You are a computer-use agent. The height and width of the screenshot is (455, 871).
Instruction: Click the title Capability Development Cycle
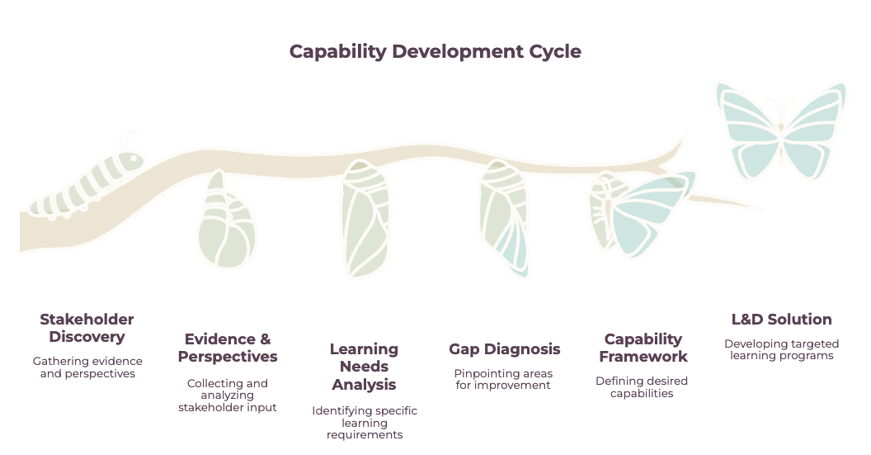(x=435, y=51)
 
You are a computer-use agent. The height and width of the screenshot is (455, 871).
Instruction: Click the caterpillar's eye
(x=134, y=158)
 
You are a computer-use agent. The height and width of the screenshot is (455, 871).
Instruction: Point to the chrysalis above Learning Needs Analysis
(x=365, y=218)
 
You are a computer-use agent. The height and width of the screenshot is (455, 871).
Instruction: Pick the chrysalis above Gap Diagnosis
(x=503, y=218)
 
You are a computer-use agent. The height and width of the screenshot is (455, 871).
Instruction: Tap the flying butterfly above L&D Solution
(x=781, y=130)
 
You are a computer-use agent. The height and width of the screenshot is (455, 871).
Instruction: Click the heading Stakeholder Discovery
(x=87, y=328)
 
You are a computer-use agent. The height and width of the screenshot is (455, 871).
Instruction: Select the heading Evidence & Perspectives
(x=228, y=348)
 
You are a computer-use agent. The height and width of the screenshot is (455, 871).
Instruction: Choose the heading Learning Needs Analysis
(x=364, y=367)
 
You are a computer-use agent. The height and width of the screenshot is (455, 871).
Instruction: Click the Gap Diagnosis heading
(x=505, y=349)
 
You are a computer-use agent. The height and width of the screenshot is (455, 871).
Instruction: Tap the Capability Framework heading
(x=643, y=348)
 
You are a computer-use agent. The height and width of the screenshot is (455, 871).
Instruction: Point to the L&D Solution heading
(x=782, y=320)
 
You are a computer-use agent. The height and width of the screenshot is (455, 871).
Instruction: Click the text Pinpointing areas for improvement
(x=503, y=379)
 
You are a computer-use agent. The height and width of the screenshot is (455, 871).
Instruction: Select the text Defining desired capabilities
(x=642, y=387)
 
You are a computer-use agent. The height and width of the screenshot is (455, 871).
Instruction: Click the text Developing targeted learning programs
(x=782, y=350)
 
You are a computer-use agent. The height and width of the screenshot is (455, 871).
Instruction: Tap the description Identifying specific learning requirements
(x=365, y=423)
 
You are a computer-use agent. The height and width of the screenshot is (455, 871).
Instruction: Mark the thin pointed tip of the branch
(x=762, y=211)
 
